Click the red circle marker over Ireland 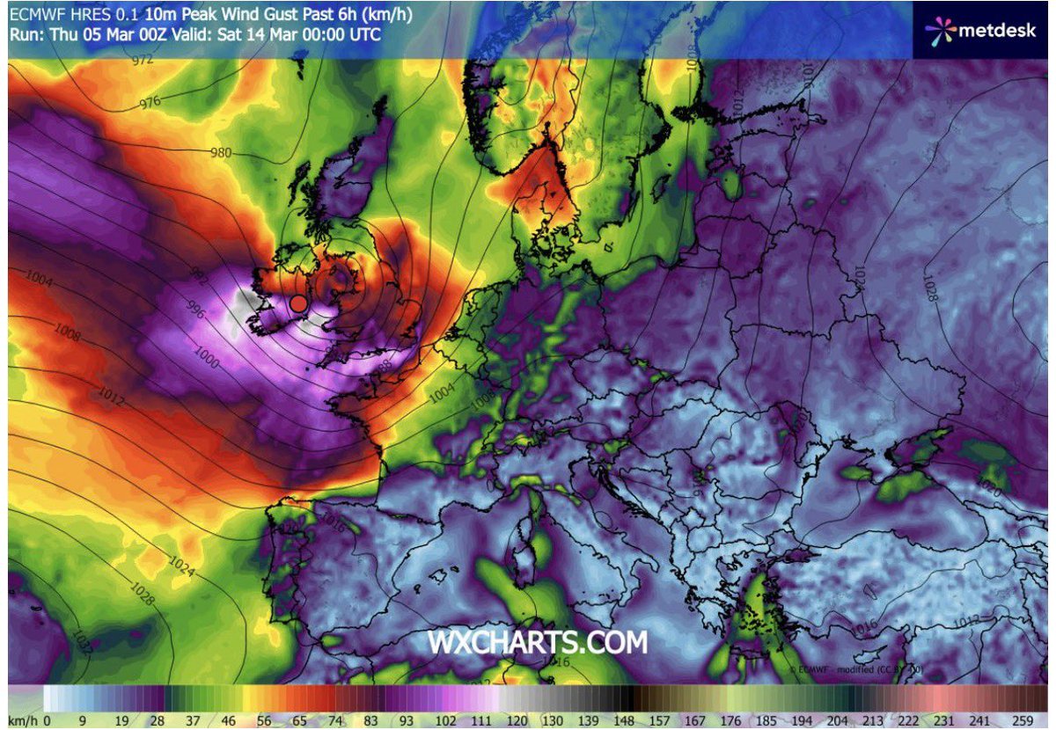tap(298, 303)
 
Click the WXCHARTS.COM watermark tap(538, 642)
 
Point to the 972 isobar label tap(143, 61)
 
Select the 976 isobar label tap(150, 103)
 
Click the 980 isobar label tap(221, 153)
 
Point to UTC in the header tap(365, 34)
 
